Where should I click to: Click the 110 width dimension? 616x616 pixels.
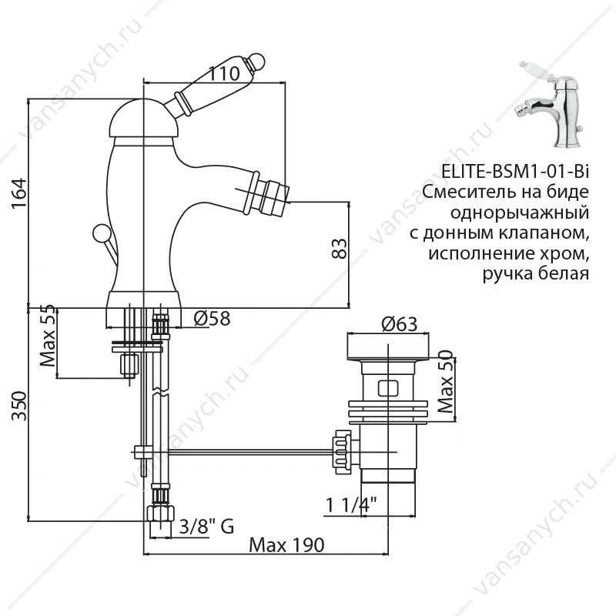tap(223, 73)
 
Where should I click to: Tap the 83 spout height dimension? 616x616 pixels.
tap(340, 248)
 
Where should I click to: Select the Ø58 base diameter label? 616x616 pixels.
tap(212, 318)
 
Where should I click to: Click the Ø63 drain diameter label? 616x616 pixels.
tap(399, 324)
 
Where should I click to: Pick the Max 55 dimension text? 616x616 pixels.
tap(48, 336)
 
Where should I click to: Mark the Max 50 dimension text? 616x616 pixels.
tap(446, 382)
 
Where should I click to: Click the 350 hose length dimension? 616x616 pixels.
tap(19, 406)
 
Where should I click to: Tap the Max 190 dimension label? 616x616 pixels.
tap(286, 545)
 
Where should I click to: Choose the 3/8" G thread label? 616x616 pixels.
tap(206, 527)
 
